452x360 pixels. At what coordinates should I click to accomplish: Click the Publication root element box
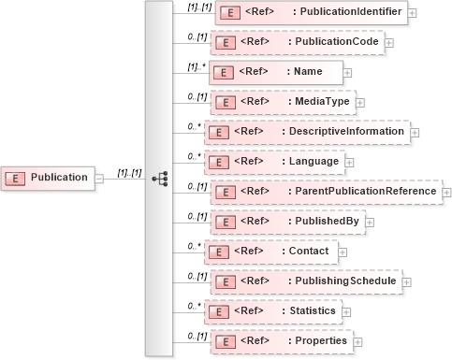(x=49, y=177)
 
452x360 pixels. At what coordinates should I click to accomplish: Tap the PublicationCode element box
(x=297, y=43)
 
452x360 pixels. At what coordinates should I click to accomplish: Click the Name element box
(x=276, y=72)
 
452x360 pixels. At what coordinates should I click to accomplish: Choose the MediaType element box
(x=283, y=102)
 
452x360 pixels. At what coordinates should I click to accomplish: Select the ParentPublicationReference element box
(x=324, y=192)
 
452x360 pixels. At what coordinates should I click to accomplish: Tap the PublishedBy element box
(x=288, y=222)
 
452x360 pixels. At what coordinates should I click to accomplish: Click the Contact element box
(x=271, y=252)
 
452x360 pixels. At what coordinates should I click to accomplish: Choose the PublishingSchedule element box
(x=307, y=281)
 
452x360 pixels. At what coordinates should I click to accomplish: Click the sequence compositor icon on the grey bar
(x=158, y=178)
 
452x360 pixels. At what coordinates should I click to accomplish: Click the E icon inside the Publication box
(x=17, y=178)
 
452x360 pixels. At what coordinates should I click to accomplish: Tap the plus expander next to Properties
(x=360, y=341)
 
